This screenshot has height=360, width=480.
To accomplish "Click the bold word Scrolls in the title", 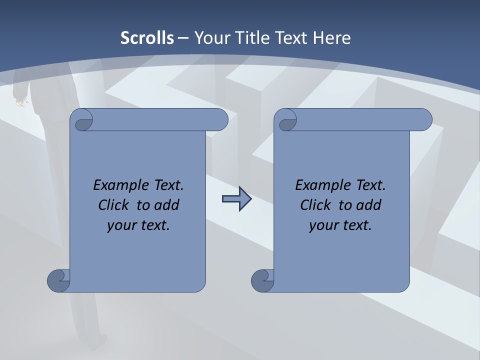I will click(147, 38).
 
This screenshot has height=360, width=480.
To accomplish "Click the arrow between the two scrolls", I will click(236, 199).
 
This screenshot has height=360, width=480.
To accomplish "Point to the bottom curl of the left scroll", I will click(59, 280).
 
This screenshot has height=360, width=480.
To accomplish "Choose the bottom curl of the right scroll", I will click(263, 280).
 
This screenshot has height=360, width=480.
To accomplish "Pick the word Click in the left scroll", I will click(114, 205).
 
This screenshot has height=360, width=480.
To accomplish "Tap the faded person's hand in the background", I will click(20, 102).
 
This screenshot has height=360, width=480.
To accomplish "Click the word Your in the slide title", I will click(211, 38).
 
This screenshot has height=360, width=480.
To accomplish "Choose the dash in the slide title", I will click(183, 38).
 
